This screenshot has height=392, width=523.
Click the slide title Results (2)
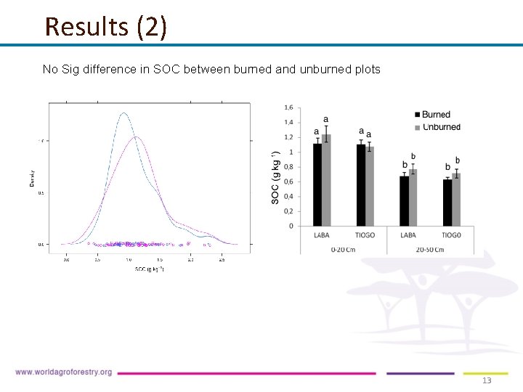tap(105, 27)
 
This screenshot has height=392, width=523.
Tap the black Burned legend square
tap(417, 115)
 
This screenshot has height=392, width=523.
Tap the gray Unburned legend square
tap(417, 127)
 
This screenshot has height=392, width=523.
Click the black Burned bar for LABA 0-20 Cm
tap(317, 184)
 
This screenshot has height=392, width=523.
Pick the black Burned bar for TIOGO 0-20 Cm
tap(361, 185)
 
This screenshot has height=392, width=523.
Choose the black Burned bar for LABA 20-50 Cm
tap(404, 201)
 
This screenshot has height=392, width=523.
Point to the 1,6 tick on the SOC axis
tap(288, 107)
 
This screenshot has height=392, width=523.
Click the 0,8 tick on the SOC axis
tap(288, 167)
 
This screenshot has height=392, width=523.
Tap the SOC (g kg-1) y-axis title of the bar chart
tap(275, 177)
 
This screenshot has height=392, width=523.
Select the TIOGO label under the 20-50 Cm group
tap(451, 235)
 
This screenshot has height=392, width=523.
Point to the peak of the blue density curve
tap(123, 113)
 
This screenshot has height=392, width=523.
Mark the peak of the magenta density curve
tap(136, 136)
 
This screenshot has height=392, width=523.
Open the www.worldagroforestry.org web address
tap(64, 372)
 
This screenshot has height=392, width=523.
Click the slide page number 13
tap(487, 380)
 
